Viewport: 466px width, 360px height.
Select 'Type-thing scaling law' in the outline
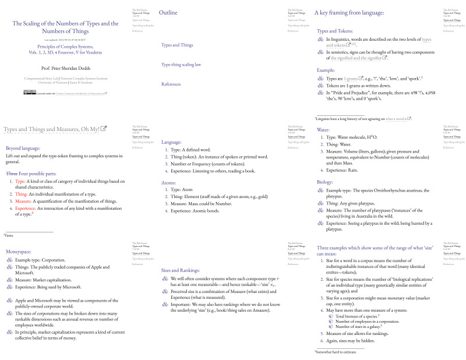(181, 65)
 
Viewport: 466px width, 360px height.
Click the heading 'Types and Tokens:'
(335, 31)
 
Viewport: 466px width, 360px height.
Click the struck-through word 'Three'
(12, 174)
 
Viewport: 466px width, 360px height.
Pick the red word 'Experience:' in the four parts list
(25, 208)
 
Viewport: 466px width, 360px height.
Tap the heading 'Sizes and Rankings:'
(181, 270)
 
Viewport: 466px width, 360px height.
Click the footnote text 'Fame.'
(9, 235)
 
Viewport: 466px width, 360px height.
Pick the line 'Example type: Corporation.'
(40, 260)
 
